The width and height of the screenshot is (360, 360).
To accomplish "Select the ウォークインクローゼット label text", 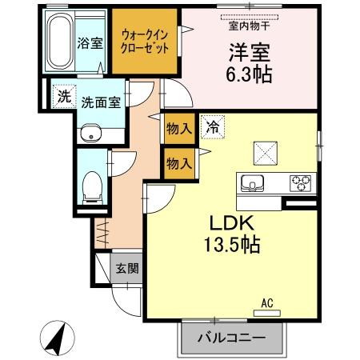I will click(146, 40).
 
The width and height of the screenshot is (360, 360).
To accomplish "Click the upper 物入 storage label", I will click(178, 127).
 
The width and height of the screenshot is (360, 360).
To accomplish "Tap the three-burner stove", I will click(300, 182).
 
